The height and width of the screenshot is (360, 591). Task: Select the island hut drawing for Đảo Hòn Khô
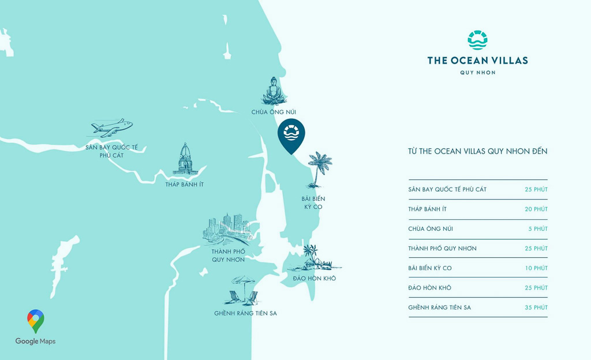pos(314,260)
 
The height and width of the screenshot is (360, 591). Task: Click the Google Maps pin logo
pos(36,321)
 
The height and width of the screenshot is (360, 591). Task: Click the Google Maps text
pos(36,342)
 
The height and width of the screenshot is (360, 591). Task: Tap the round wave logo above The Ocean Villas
pos(477,40)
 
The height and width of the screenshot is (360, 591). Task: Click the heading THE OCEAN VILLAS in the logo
pos(477,60)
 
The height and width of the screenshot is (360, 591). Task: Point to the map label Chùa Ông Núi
pos(274,112)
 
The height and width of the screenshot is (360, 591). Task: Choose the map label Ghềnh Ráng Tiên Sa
pos(245,313)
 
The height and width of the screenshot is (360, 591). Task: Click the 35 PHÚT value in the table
pos(536,307)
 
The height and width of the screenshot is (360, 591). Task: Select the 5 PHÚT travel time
pos(540,229)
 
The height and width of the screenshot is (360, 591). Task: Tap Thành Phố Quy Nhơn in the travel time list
pos(442,249)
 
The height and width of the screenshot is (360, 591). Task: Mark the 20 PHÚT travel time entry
pos(536,209)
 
